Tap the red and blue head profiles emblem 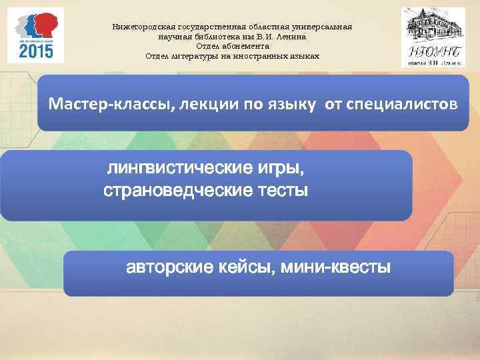[35, 25]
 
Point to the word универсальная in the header [323, 28]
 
